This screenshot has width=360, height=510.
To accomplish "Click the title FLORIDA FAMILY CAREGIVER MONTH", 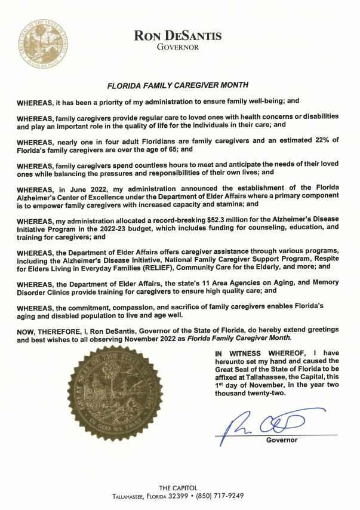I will [x=177, y=85].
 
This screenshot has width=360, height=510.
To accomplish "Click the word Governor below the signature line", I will [x=281, y=441].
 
